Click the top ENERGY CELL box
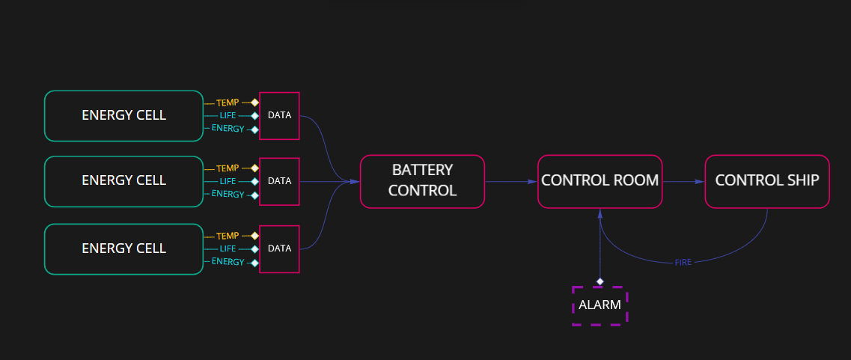click(x=123, y=115)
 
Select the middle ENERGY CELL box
click(x=123, y=180)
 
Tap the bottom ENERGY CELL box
click(x=123, y=248)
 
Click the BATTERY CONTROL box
click(x=422, y=180)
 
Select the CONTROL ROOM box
click(x=600, y=180)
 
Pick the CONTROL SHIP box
click(x=767, y=180)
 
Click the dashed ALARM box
click(x=600, y=305)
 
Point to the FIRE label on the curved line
click(x=683, y=263)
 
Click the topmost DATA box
click(x=279, y=115)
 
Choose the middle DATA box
click(x=279, y=180)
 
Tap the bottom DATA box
click(x=279, y=248)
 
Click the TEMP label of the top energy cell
click(x=228, y=103)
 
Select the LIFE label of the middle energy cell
click(x=228, y=181)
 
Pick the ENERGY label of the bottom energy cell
click(x=228, y=262)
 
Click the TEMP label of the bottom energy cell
click(x=228, y=236)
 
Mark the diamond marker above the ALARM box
click(x=600, y=281)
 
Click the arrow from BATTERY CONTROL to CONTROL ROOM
click(x=510, y=181)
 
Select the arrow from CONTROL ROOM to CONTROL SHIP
click(x=683, y=181)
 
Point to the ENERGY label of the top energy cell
click(x=228, y=129)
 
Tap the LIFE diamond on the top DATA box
click(x=254, y=116)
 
